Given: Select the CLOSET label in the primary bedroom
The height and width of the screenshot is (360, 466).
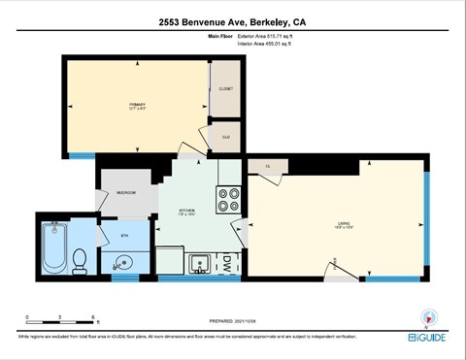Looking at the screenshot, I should [226, 86].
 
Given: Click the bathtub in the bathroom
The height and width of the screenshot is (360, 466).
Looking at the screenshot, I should [54, 249].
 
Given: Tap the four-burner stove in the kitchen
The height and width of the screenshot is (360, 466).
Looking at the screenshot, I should [229, 198].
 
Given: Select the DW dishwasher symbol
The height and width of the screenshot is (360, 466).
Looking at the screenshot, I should [226, 262].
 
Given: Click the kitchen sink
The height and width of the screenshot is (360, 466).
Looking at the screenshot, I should [198, 262].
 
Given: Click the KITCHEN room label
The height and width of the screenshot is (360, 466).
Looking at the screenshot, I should [187, 211].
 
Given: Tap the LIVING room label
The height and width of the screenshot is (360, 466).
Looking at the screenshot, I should [344, 224].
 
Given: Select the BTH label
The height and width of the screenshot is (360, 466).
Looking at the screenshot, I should [124, 235].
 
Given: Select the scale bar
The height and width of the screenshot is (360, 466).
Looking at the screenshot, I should [60, 321].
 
